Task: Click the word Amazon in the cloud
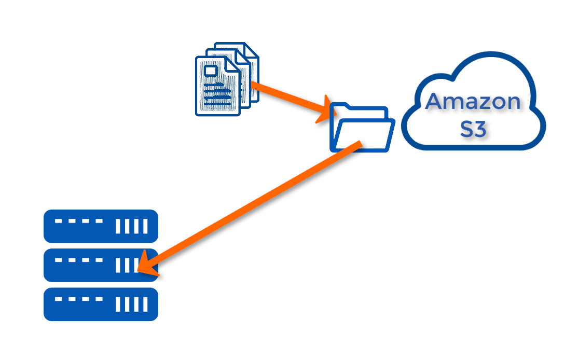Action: [473, 102]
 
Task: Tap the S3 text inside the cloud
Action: [473, 129]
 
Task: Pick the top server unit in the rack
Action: [101, 226]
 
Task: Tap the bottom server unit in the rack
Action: [101, 304]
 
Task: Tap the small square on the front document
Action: [211, 70]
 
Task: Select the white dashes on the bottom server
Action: [79, 299]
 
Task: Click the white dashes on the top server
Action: [79, 221]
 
